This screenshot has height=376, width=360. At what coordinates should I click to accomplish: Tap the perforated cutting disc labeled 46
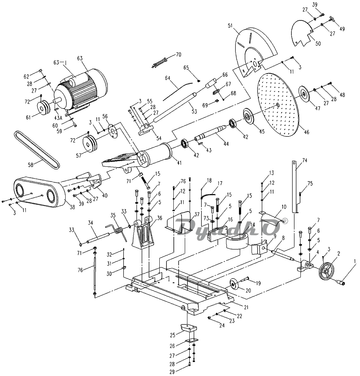[x=278, y=105]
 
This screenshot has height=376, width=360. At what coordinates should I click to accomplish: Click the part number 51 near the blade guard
[x=230, y=25]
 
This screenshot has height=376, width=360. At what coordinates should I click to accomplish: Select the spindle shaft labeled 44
[x=210, y=133]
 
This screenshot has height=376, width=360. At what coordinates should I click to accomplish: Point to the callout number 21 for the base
[x=246, y=307]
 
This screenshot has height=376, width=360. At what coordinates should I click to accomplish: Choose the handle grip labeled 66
[x=211, y=83]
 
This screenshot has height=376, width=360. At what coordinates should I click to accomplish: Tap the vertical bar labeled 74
[x=295, y=186]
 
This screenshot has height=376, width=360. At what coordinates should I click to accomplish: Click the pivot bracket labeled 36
[x=143, y=233]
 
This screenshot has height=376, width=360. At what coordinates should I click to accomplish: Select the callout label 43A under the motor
[x=58, y=118]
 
